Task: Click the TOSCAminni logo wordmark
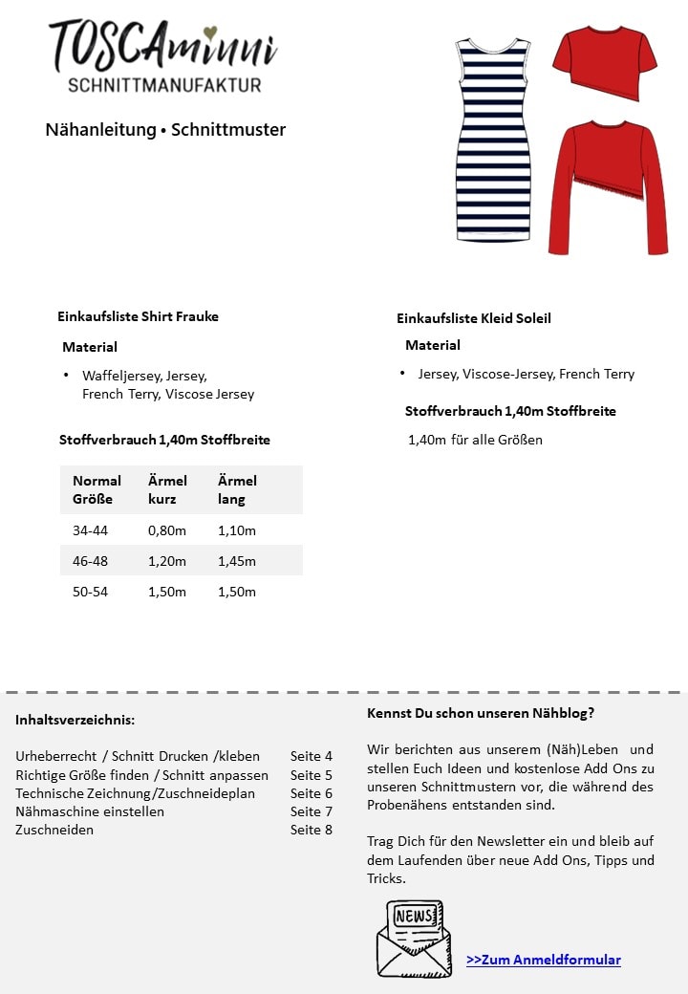pos(162,45)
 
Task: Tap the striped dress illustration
pos(493,139)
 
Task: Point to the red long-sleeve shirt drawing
pos(608,186)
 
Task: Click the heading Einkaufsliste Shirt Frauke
pos(138,316)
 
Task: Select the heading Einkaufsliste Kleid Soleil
pos(473,318)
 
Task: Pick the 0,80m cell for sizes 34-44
pos(167,530)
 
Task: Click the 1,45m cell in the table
pos(237,561)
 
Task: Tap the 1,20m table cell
pos(167,561)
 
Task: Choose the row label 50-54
pos(91,592)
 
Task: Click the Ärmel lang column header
pos(237,489)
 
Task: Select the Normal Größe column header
pos(97,489)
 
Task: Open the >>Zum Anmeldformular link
pos(543,960)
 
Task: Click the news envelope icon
pos(413,938)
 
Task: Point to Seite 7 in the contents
pos(312,811)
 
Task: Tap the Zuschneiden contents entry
pos(54,830)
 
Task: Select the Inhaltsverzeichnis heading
pos(75,720)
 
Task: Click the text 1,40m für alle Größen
pos(475,440)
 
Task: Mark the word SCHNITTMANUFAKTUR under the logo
pos(164,85)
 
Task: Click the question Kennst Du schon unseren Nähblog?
pos(480,713)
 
